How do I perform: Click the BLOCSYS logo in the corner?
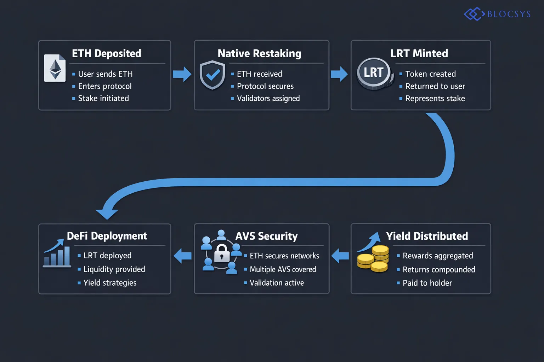(x=497, y=14)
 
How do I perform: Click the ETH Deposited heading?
(x=106, y=53)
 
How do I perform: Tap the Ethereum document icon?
(x=55, y=68)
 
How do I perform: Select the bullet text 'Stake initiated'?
(x=103, y=98)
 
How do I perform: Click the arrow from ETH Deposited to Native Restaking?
(x=182, y=74)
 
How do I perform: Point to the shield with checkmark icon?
(x=212, y=75)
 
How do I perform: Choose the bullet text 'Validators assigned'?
(x=268, y=98)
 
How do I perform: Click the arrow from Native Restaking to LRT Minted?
(x=339, y=74)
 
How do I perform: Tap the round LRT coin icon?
(x=374, y=73)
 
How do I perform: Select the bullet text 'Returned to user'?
(x=435, y=86)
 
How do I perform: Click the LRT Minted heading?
(x=419, y=53)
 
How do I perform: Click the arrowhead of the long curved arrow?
(x=107, y=212)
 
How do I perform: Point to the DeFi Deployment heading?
(x=107, y=236)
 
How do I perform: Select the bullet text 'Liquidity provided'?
(x=114, y=269)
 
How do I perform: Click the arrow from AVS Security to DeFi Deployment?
(x=183, y=256)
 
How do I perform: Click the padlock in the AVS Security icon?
(x=222, y=253)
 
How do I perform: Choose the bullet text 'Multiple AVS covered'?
(x=283, y=269)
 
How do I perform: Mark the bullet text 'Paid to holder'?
(x=427, y=283)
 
